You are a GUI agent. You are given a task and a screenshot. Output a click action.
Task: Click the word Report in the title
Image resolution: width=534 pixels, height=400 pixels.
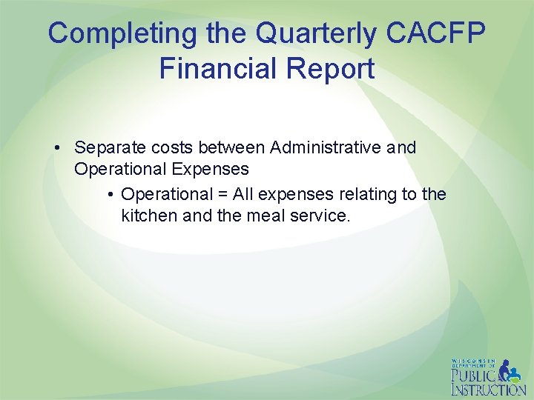click(333, 69)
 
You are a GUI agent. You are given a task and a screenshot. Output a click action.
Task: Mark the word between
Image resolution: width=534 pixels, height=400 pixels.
click(231, 148)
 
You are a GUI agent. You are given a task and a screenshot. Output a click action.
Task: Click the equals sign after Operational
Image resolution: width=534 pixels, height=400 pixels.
click(222, 195)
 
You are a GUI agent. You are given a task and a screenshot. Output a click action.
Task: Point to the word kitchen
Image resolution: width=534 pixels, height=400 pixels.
click(147, 216)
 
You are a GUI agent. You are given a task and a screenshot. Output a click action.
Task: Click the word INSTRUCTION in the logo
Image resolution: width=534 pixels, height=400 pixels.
click(488, 390)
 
